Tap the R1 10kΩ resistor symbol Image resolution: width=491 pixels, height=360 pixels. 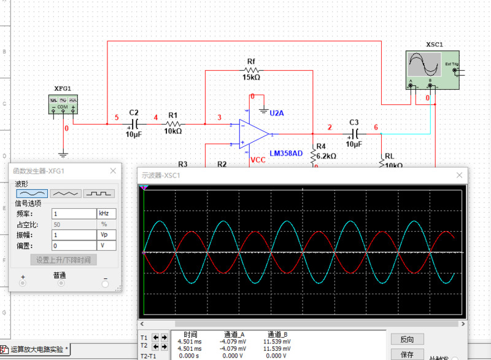tap(173, 124)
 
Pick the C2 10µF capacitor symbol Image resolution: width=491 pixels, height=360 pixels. tap(134, 124)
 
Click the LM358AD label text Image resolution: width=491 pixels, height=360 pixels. tap(285, 154)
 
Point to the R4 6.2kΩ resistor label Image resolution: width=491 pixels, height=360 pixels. tap(326, 156)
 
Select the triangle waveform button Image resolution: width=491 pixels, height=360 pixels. tap(66, 193)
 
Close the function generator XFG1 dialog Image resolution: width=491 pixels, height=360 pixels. tap(113, 171)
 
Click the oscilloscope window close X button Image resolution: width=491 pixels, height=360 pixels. tap(458, 175)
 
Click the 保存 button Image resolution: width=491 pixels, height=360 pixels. tap(407, 354)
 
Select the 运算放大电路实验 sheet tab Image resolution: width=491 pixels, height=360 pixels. tap(37, 350)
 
